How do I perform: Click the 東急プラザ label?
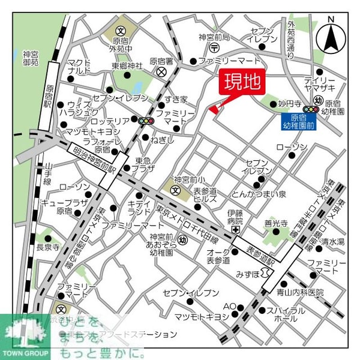(146, 164)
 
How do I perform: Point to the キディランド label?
(139, 208)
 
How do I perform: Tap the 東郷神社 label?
(131, 65)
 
